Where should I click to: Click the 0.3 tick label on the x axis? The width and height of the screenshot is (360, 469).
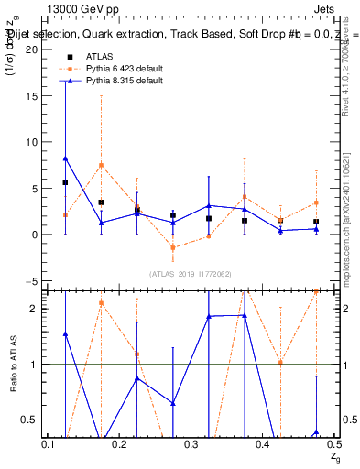pos(191,443)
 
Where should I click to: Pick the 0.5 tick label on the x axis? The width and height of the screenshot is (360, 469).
pos(333,443)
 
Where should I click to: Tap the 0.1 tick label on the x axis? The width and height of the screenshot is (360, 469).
pos(49,443)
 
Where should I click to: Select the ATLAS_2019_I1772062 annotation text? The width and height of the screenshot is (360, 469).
pos(191,274)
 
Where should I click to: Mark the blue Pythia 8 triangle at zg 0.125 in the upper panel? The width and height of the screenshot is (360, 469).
pos(65,158)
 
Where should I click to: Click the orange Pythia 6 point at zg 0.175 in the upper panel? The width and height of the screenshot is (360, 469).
pos(101,165)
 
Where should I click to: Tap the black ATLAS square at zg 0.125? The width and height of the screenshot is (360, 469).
pos(65,182)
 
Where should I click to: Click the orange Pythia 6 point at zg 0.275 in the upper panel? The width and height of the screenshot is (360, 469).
pos(172,247)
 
